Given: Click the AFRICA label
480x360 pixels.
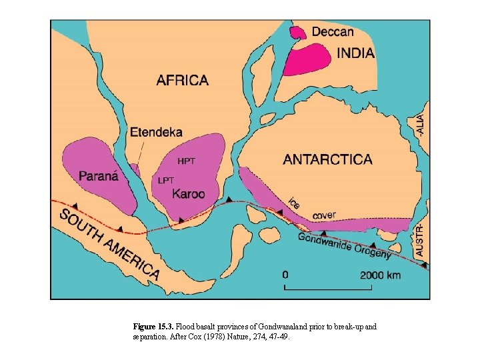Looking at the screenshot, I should click(182, 81).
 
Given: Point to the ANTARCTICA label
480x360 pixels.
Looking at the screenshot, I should click(327, 159).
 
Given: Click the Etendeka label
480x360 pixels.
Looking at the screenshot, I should click(157, 133).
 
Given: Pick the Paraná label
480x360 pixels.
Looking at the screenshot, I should click(99, 177).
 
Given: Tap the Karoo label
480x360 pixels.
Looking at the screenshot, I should click(189, 194).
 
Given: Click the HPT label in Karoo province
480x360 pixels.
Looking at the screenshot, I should click(187, 161).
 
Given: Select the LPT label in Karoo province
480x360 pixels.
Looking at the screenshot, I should click(167, 180).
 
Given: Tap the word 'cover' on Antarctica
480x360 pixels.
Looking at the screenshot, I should click(325, 215).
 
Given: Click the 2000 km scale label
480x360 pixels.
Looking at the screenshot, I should click(381, 275).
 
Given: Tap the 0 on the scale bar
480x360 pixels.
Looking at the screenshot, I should click(285, 275).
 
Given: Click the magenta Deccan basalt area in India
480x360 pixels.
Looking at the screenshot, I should click(307, 59).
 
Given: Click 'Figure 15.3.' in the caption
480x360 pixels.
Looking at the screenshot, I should click(153, 327).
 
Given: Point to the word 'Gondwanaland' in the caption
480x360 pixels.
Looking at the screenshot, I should click(285, 327).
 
